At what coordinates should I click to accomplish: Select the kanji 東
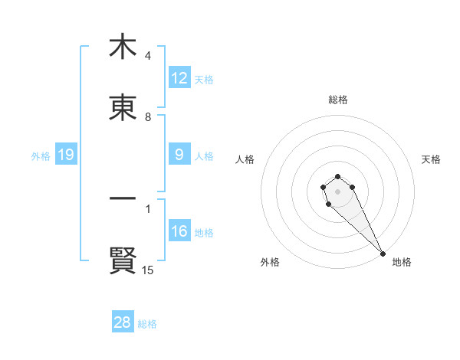pyautogui.click(x=123, y=109)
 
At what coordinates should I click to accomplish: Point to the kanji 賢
pyautogui.click(x=123, y=260)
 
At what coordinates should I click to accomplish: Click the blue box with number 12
pyautogui.click(x=179, y=77)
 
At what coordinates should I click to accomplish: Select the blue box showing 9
pyautogui.click(x=179, y=155)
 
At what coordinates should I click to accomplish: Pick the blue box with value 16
pyautogui.click(x=179, y=231)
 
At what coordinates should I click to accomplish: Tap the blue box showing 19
pyautogui.click(x=66, y=155)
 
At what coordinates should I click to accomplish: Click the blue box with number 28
pyautogui.click(x=123, y=322)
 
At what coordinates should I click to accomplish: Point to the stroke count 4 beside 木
pyautogui.click(x=148, y=56)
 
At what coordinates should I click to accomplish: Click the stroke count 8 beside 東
pyautogui.click(x=148, y=117)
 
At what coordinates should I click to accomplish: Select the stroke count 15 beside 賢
pyautogui.click(x=148, y=270)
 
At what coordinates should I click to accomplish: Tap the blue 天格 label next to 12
pyautogui.click(x=204, y=79)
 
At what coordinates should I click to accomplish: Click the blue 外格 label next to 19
pyautogui.click(x=41, y=155)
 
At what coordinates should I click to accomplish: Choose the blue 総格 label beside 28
pyautogui.click(x=147, y=324)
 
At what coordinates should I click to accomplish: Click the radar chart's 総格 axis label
pyautogui.click(x=338, y=100)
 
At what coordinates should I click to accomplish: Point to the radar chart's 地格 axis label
pyautogui.click(x=402, y=262)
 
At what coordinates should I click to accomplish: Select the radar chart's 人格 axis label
pyautogui.click(x=245, y=159)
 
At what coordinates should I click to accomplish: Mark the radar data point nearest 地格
pyautogui.click(x=383, y=254)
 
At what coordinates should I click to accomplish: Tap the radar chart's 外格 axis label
pyautogui.click(x=270, y=262)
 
